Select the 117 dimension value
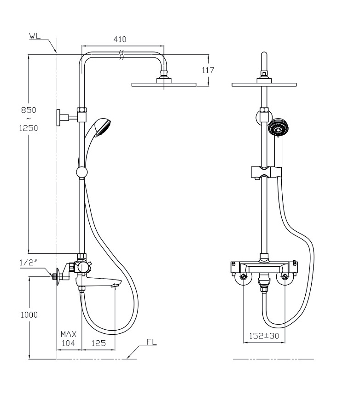208,70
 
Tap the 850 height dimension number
29,110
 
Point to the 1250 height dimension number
29,128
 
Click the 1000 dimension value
29,315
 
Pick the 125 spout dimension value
98,343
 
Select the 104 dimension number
68,343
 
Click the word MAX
68,334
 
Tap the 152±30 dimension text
264,336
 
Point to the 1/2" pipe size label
28,262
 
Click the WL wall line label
35,35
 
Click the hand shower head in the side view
102,127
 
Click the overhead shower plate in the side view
164,85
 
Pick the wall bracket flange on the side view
58,118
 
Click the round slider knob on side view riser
82,172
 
